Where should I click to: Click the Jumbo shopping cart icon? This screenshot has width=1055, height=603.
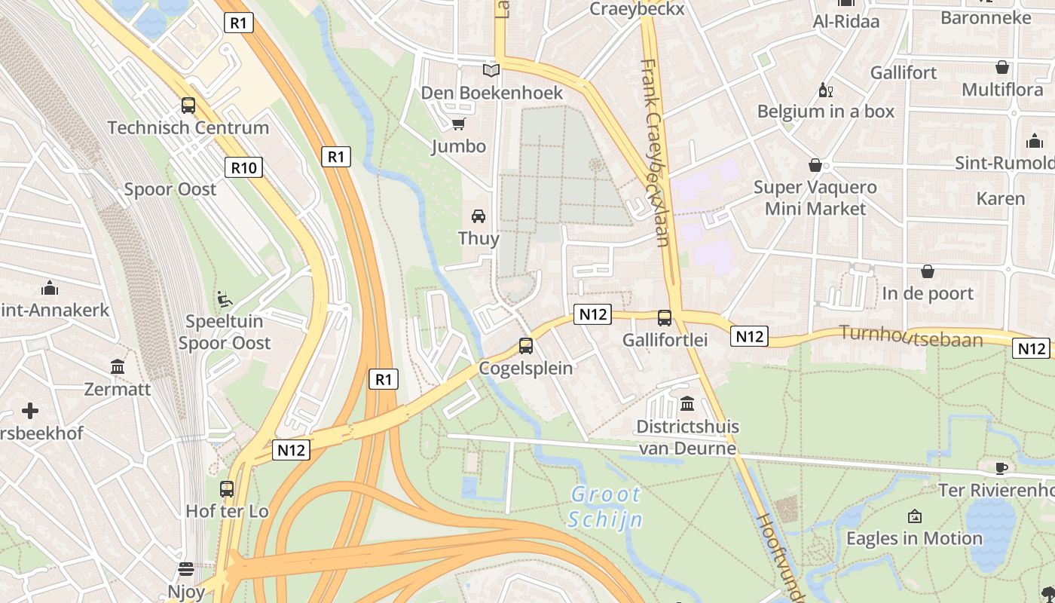click(458, 124)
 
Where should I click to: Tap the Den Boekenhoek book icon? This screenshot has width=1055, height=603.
click(491, 71)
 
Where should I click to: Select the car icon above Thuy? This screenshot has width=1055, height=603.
click(479, 216)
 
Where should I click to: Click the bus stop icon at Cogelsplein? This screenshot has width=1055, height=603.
click(526, 346)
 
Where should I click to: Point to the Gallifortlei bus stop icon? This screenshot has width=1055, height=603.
click(664, 318)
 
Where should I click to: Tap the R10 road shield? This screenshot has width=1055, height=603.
click(243, 167)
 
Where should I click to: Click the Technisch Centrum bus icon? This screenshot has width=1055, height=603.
click(188, 106)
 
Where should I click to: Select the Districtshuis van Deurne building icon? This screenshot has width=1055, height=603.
click(687, 404)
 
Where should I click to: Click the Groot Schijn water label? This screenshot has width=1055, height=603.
click(605, 507)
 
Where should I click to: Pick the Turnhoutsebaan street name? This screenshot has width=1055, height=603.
click(911, 337)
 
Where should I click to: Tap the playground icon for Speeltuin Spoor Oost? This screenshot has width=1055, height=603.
click(224, 299)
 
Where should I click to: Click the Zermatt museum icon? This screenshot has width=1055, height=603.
click(118, 367)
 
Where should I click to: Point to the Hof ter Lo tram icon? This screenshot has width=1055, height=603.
click(227, 488)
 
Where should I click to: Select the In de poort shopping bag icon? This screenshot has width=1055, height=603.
click(928, 271)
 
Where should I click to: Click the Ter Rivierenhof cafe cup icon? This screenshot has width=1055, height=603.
click(1001, 468)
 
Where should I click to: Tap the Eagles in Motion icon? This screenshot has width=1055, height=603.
click(915, 516)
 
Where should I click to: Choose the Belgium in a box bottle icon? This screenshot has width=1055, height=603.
click(825, 90)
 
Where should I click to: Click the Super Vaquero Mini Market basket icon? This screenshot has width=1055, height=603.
click(815, 165)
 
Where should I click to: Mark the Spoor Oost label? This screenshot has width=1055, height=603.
click(170, 189)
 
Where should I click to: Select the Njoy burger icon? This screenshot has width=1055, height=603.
click(186, 569)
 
